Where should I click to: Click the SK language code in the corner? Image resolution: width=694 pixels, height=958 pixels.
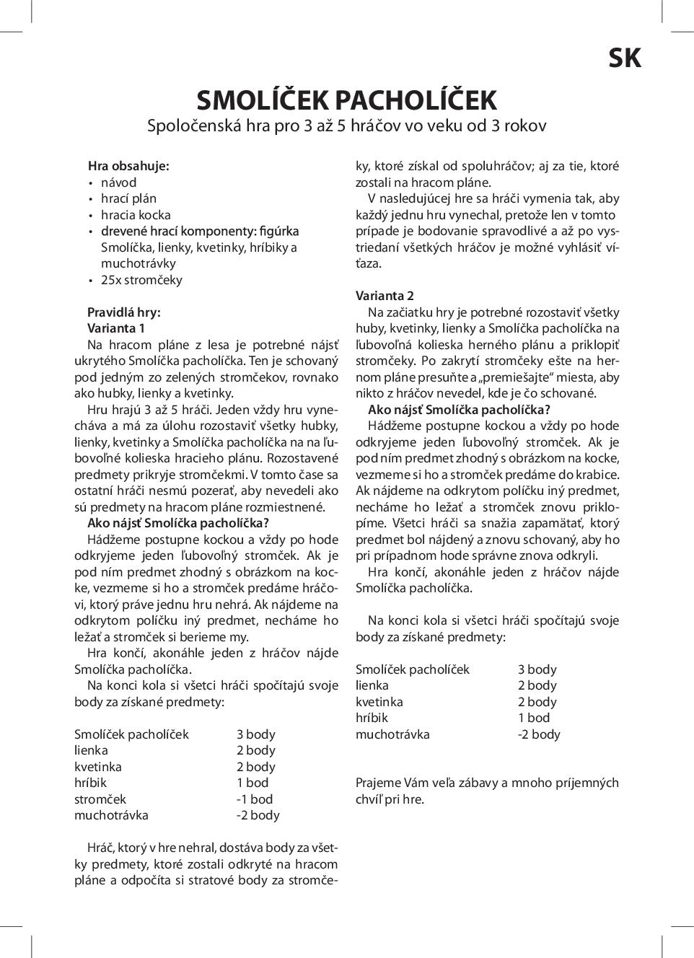click(624, 58)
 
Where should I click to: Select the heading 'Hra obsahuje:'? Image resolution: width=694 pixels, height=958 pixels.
click(128, 166)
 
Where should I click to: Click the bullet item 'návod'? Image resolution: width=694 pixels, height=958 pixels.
click(118, 183)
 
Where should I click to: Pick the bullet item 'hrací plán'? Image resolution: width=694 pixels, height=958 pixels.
click(128, 198)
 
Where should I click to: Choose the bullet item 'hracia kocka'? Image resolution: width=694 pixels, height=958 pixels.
click(136, 215)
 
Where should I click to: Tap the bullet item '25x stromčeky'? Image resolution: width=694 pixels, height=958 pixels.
click(141, 280)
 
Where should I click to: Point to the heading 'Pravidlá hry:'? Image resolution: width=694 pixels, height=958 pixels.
click(123, 312)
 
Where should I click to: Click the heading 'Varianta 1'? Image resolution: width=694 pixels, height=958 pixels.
click(116, 328)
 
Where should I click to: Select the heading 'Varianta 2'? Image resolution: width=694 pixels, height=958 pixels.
click(385, 296)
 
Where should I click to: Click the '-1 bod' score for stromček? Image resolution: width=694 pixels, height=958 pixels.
click(255, 799)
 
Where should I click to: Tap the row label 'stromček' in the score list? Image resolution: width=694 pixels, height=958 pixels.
click(100, 799)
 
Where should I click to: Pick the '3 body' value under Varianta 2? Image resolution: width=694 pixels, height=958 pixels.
click(537, 669)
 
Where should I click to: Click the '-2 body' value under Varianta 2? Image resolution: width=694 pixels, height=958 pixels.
click(539, 734)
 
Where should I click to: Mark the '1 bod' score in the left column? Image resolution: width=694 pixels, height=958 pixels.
click(252, 783)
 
